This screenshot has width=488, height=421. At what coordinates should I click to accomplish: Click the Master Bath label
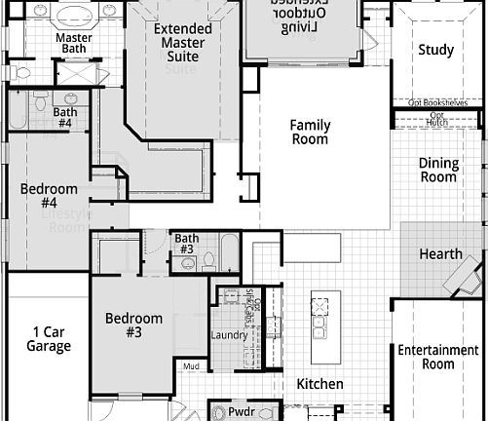point(74,43)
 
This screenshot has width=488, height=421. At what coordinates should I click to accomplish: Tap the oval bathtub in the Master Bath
point(74,16)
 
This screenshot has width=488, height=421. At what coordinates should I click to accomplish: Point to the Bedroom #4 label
point(49,196)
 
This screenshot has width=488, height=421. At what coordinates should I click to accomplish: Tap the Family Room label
point(311,133)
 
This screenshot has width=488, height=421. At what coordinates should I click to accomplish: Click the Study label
point(435,51)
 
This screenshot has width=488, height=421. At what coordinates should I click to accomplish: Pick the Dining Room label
point(438,171)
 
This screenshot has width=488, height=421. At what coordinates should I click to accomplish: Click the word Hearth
point(440,254)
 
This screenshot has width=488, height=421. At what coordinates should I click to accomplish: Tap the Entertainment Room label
point(438,358)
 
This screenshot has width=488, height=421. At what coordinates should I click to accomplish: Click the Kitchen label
point(319,384)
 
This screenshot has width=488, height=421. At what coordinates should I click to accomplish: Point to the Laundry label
point(229,336)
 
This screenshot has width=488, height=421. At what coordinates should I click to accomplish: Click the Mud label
point(192,367)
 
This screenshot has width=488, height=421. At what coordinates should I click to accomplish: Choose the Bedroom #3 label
point(133,325)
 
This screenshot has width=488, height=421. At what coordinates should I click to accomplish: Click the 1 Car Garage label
point(49,338)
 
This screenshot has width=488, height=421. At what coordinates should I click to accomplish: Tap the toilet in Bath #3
point(207,260)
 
